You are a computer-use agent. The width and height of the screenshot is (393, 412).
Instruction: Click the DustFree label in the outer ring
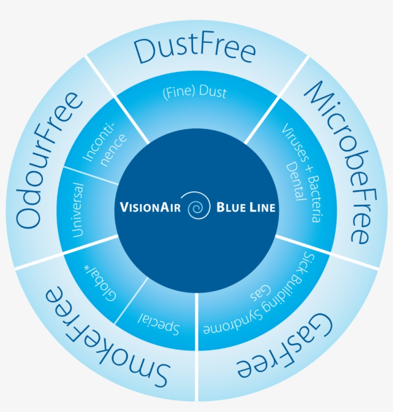pos(195,51)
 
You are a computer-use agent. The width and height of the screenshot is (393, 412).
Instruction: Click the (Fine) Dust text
pos(195,92)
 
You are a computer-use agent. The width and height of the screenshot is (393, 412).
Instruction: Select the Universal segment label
pos(78,210)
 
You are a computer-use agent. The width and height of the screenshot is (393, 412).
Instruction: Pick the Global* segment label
pos(100,283)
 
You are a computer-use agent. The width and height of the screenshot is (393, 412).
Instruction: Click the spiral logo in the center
pos(199,206)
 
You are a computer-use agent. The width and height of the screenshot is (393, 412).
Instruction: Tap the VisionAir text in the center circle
pos(150,207)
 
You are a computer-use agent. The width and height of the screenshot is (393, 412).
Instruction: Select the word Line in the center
pos(262,207)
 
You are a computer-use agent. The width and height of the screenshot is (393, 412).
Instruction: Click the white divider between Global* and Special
pos(131,300)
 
